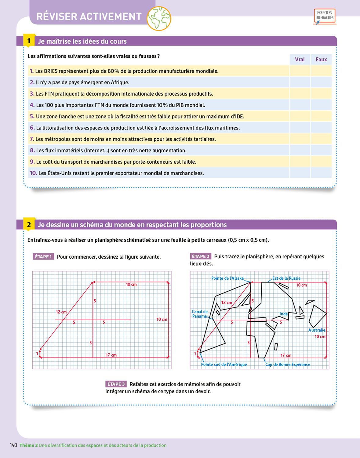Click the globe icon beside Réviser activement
pyautogui.click(x=159, y=19)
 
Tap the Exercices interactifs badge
pyautogui.click(x=324, y=16)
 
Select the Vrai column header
pyautogui.click(x=300, y=60)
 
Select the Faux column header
pyautogui.click(x=321, y=60)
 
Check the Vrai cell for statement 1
pyautogui.click(x=300, y=71)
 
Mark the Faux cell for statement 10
pyautogui.click(x=321, y=173)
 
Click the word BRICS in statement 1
pyautogui.click(x=51, y=71)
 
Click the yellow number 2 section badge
pyautogui.click(x=29, y=225)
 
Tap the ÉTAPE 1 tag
pyautogui.click(x=43, y=257)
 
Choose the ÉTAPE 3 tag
pyautogui.click(x=116, y=384)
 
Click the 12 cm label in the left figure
pyautogui.click(x=61, y=312)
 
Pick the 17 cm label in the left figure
pyautogui.click(x=111, y=355)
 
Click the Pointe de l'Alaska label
pyautogui.click(x=227, y=278)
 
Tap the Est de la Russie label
pyautogui.click(x=286, y=278)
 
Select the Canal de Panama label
pyautogui.click(x=200, y=314)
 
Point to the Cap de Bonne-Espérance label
pyautogui.click(x=288, y=365)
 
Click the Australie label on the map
pyautogui.click(x=317, y=330)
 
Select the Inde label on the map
pyautogui.click(x=283, y=314)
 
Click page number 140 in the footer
pyautogui.click(x=13, y=445)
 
